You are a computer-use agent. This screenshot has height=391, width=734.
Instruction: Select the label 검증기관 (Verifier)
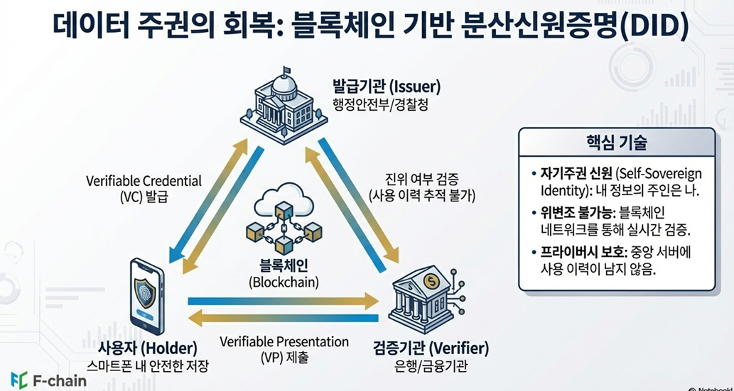tap(431, 348)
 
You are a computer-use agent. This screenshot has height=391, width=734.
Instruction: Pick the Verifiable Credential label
tap(144, 181)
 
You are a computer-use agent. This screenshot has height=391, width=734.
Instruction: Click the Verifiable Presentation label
tap(284, 342)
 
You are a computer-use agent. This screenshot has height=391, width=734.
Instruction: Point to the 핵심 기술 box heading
tap(616, 143)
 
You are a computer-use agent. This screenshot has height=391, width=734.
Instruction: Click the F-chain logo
tap(48, 380)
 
